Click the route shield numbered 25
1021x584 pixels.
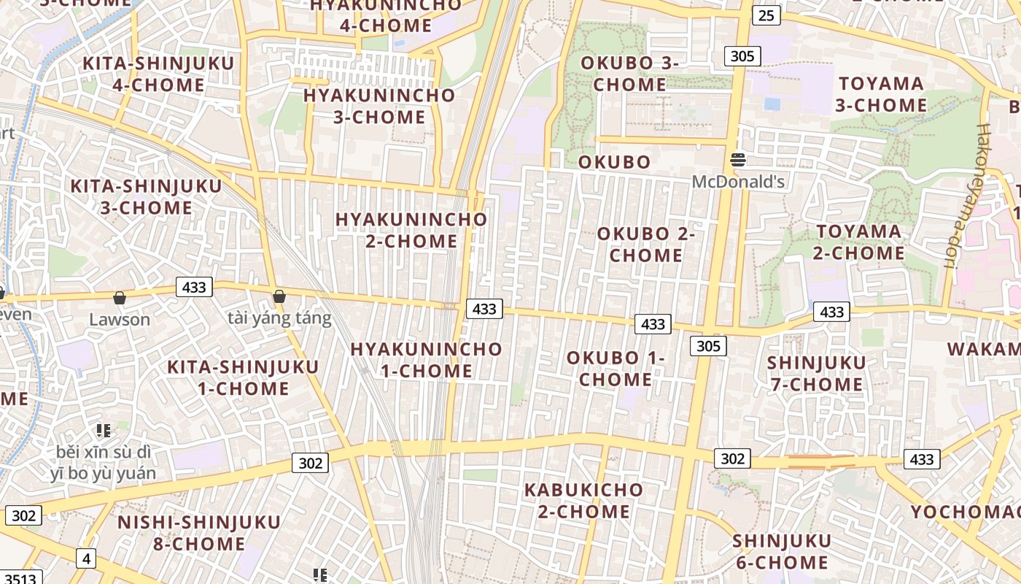point(766,15)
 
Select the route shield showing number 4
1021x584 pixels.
point(86,559)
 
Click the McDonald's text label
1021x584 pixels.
point(738,182)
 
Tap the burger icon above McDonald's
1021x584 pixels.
point(738,160)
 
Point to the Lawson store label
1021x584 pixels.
point(120,320)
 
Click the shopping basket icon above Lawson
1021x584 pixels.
point(120,298)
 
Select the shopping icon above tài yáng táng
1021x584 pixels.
point(279,296)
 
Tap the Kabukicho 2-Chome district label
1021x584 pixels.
point(583,500)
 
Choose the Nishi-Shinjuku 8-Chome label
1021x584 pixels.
point(199,533)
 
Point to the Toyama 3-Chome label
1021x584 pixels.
point(881,94)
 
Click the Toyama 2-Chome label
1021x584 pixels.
point(859,242)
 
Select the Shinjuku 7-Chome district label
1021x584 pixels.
point(816,373)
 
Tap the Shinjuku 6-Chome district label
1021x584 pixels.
point(782,551)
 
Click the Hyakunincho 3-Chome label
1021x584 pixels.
point(379,106)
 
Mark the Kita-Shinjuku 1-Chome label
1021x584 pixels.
point(243,377)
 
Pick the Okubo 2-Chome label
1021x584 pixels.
point(646,245)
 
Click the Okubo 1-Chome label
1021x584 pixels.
point(616,369)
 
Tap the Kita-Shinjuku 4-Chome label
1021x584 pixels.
point(158,74)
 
